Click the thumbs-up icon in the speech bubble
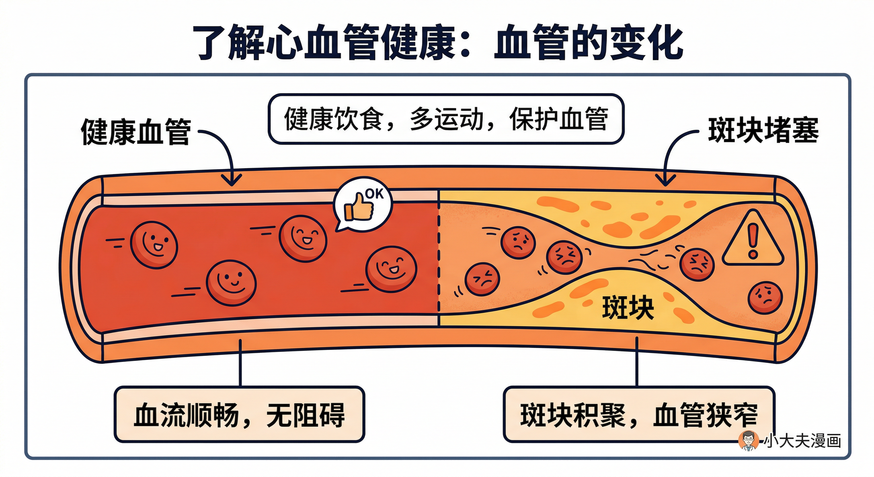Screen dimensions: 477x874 pyautogui.click(x=358, y=208)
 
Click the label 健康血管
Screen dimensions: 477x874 pyautogui.click(x=136, y=132)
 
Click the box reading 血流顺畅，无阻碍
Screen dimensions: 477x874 pyautogui.click(x=239, y=415)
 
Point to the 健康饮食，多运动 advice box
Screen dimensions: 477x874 pyautogui.click(x=446, y=119)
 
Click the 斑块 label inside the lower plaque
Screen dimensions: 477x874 pyautogui.click(x=628, y=307)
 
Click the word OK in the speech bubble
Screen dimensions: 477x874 pyautogui.click(x=374, y=194)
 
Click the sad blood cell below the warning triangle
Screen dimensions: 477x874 pyautogui.click(x=765, y=298)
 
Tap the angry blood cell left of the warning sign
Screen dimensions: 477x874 pyautogui.click(x=697, y=264)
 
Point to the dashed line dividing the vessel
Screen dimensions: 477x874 pyautogui.click(x=438, y=258)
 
